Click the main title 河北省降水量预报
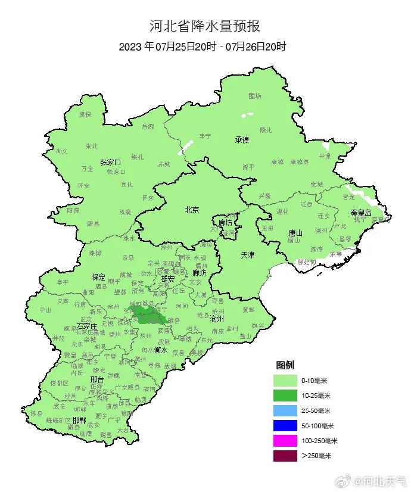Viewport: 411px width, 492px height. [x=204, y=27]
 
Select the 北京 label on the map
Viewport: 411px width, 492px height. [x=192, y=210]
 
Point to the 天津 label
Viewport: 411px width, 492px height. [x=247, y=255]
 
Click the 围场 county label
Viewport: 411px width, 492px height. [x=254, y=95]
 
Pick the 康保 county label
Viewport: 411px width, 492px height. [x=86, y=114]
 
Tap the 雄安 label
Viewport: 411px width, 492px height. [x=168, y=278]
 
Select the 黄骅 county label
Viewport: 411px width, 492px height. [x=248, y=310]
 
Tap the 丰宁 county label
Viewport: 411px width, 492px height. [x=205, y=136]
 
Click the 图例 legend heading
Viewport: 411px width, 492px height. [x=284, y=365]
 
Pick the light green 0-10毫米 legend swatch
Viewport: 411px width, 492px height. [x=285, y=380]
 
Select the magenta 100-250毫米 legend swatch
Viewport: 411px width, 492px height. [x=285, y=441]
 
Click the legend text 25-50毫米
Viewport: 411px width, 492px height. [x=316, y=411]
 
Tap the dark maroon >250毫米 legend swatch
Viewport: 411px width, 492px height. [x=285, y=456]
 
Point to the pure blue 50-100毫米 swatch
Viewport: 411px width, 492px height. [x=285, y=425]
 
